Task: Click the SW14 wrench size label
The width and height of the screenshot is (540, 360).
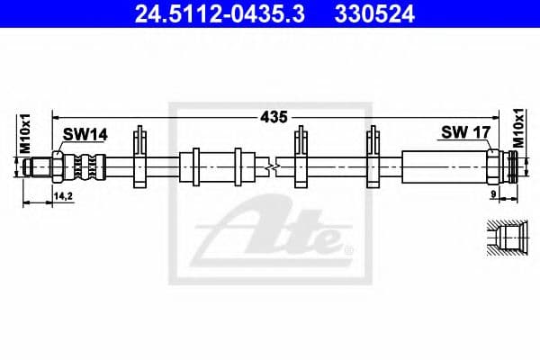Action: tap(85, 134)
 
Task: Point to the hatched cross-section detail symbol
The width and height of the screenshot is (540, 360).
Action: tap(507, 238)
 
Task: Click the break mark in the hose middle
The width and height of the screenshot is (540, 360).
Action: tap(271, 166)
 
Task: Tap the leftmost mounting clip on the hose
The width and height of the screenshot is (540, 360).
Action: tap(139, 158)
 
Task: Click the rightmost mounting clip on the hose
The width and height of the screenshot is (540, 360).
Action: tap(375, 158)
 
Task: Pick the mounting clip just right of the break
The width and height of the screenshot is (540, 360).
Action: tap(301, 158)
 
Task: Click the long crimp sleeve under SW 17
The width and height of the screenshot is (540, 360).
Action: tap(443, 166)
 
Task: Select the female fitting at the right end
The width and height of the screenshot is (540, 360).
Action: tap(508, 166)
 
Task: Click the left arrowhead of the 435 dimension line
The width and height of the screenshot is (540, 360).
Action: tap(57, 116)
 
